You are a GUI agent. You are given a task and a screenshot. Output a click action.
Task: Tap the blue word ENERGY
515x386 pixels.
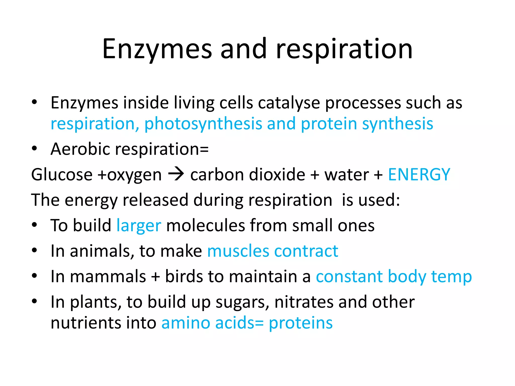(x=419, y=174)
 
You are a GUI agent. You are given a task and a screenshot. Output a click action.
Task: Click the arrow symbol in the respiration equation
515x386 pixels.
(x=176, y=174)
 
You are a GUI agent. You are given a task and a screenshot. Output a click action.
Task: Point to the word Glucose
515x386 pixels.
(x=62, y=174)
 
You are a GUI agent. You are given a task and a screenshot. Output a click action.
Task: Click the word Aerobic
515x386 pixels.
(x=80, y=149)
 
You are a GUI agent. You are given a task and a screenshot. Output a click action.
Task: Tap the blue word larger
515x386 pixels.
(x=139, y=225)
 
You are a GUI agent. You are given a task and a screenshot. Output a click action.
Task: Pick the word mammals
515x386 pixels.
(x=108, y=276)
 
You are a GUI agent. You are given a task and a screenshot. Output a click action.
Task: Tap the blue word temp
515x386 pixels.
(x=451, y=277)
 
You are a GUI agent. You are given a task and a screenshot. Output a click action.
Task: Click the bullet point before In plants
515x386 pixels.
(x=34, y=301)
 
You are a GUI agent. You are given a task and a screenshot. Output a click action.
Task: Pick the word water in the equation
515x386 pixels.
(x=347, y=174)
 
